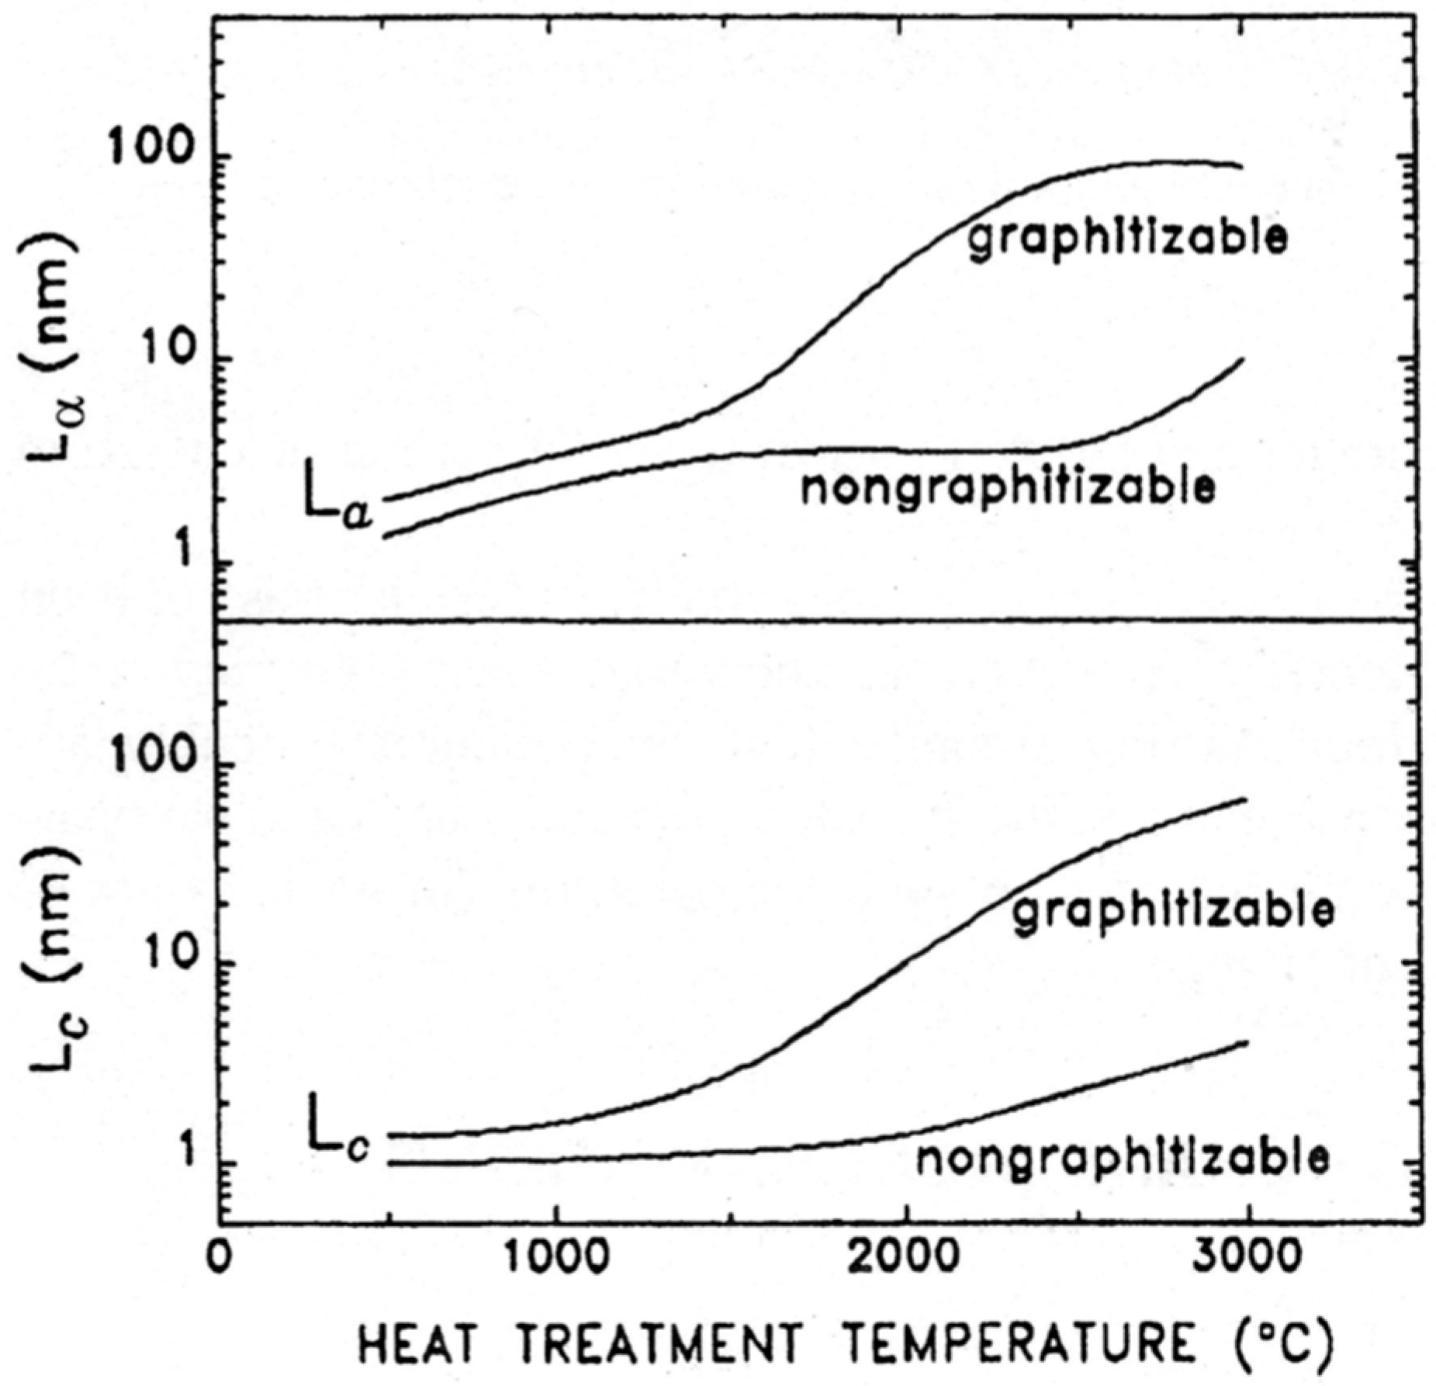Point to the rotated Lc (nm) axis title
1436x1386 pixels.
click(51, 962)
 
